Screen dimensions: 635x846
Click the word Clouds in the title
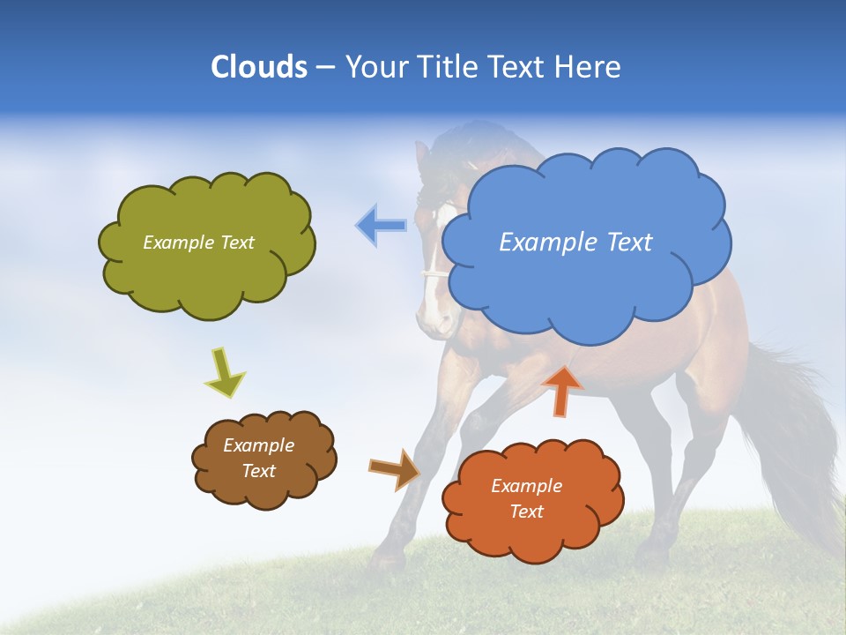pyautogui.click(x=258, y=67)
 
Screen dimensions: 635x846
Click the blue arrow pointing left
pyautogui.click(x=382, y=225)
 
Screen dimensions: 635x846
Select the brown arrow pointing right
pyautogui.click(x=394, y=469)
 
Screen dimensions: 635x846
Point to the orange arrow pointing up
pyautogui.click(x=561, y=390)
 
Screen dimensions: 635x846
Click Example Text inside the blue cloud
pyautogui.click(x=575, y=243)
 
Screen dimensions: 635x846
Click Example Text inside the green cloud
pyautogui.click(x=198, y=243)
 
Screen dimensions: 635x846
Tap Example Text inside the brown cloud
pyautogui.click(x=259, y=458)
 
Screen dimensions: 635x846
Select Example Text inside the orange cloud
pyautogui.click(x=526, y=498)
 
